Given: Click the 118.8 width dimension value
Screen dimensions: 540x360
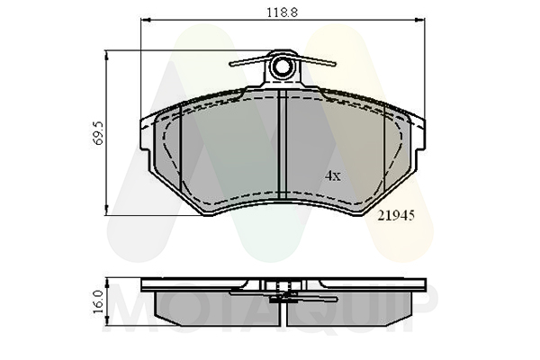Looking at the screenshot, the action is [x=282, y=13].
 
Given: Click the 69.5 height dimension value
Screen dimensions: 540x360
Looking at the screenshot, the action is [x=99, y=132].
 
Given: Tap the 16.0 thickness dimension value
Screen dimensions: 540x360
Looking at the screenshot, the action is [x=99, y=301].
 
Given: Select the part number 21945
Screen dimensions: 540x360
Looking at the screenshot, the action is [x=396, y=216].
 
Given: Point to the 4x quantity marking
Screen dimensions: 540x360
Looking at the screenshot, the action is [x=333, y=176].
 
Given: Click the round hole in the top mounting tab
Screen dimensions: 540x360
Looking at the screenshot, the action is [x=283, y=67].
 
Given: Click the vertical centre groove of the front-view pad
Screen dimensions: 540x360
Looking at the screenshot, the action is [x=283, y=145].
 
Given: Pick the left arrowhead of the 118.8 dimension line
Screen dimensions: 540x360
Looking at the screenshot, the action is [x=145, y=21].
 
